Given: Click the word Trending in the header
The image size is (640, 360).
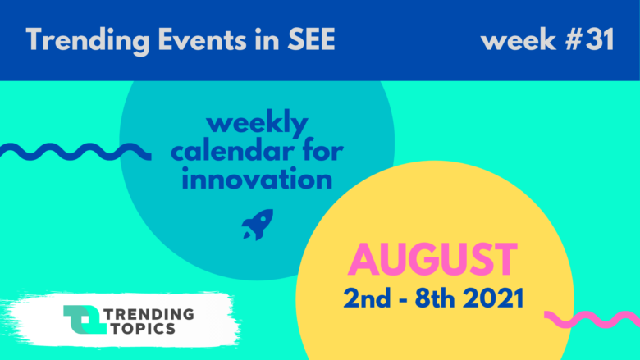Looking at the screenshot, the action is click(x=88, y=41).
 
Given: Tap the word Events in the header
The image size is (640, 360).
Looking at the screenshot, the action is click(x=202, y=39).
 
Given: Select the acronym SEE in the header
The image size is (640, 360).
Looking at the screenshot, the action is click(x=312, y=39).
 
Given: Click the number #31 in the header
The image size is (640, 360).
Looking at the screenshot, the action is click(x=589, y=39).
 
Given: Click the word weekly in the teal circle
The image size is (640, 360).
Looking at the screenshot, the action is click(x=257, y=124).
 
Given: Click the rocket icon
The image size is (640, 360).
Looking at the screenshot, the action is click(x=258, y=224).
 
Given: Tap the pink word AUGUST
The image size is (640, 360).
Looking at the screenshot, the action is click(x=432, y=260).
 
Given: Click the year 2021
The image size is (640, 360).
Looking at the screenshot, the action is click(x=493, y=298).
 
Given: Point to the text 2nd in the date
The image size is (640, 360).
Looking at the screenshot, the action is click(x=367, y=298).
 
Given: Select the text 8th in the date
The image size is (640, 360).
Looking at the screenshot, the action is click(x=435, y=298).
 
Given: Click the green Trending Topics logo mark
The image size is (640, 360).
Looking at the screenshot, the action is click(x=85, y=320).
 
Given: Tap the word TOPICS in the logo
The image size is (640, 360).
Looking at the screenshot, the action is click(x=144, y=328).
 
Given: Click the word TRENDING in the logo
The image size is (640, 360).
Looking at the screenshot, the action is click(x=149, y=314).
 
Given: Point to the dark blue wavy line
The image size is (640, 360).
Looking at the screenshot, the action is click(x=75, y=152).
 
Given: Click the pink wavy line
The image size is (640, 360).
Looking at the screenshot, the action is click(x=592, y=320).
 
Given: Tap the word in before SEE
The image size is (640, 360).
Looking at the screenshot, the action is click(x=267, y=39).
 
